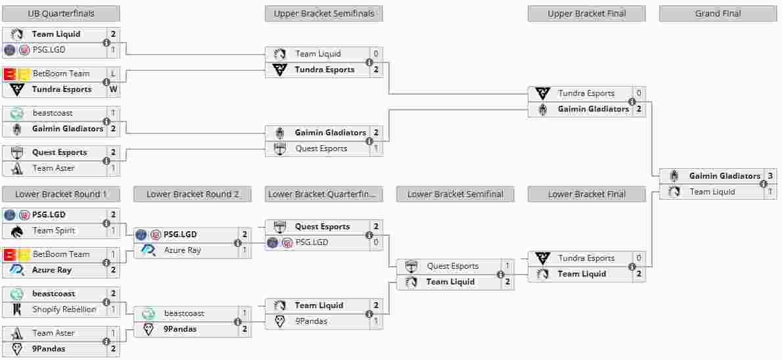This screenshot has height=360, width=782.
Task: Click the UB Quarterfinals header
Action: coord(61,14)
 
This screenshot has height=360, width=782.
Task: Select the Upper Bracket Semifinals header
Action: coord(324,14)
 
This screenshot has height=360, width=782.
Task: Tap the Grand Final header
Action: coord(718,14)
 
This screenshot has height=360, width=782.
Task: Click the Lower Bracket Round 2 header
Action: coord(193,194)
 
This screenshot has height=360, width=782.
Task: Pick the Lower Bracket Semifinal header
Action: coord(455,194)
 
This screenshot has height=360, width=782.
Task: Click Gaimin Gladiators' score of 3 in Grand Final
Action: coord(770,176)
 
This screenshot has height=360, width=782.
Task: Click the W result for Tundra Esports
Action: coord(113,89)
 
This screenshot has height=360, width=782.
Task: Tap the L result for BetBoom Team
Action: coord(113,74)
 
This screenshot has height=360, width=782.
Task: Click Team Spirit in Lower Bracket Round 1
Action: coord(54,231)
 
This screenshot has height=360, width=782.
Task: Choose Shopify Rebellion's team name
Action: coord(64,309)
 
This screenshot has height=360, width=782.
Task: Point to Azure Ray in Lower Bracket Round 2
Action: coord(183,250)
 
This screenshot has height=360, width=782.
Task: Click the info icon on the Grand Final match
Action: coord(763,184)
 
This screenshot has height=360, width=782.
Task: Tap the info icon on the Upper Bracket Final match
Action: coord(632,101)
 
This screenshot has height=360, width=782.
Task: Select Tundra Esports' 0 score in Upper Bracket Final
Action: coord(638,93)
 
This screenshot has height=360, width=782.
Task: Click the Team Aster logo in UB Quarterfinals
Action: coord(18,168)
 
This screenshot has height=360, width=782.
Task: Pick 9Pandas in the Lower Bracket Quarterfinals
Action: coord(311,321)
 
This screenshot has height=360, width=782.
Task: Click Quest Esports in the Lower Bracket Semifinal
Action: coord(453,266)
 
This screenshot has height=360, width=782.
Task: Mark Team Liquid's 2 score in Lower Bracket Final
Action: coord(638,274)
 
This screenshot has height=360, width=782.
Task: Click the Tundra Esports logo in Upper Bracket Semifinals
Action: coord(280,70)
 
